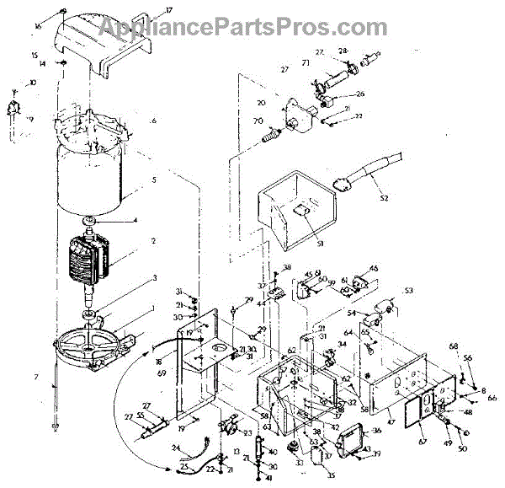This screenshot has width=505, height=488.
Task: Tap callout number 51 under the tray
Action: pyautogui.click(x=296, y=245)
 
